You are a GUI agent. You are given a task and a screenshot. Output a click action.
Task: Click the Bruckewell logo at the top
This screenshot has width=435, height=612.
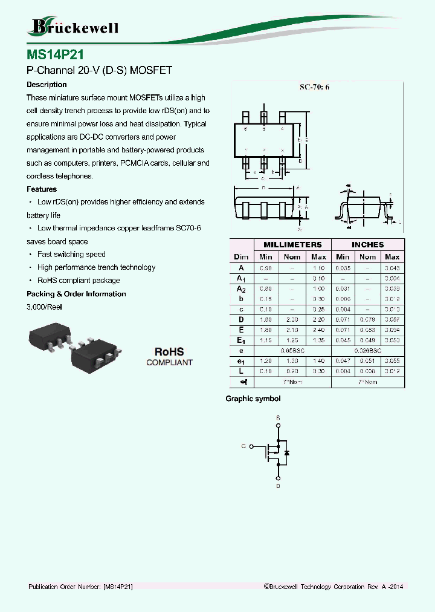73,27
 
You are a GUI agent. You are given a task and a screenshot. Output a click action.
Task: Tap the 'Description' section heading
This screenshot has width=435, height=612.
47,85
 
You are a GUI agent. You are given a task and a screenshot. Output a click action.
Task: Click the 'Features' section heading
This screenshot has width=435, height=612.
42,189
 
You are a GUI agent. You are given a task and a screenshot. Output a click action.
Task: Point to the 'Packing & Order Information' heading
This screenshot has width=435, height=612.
76,294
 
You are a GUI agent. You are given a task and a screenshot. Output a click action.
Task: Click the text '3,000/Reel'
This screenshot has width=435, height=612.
44,307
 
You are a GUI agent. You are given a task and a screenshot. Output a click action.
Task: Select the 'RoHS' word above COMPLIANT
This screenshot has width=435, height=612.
169,351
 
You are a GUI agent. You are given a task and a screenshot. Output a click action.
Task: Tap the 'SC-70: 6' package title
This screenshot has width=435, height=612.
314,87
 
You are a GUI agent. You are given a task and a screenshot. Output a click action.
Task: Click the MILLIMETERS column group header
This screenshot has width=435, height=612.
292,244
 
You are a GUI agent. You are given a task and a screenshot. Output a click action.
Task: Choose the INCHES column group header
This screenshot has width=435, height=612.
367,244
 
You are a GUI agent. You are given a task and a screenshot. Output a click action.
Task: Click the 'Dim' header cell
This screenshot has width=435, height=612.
241,257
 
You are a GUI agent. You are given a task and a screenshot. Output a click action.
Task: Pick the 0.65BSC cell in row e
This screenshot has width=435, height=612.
292,351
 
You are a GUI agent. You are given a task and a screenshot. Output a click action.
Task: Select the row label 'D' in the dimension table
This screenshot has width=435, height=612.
241,319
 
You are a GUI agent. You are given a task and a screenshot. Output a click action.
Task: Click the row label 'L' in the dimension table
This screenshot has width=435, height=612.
241,371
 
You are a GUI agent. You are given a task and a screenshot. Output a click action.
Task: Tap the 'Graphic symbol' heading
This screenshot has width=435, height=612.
253,399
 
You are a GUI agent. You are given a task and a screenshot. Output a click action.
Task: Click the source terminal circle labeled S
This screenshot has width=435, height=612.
278,426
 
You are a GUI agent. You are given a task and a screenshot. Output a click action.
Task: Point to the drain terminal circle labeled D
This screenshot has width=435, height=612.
278,477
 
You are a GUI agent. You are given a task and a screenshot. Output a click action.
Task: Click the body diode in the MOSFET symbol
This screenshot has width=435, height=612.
287,452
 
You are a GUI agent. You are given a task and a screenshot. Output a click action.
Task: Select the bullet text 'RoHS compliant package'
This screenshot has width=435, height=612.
79,281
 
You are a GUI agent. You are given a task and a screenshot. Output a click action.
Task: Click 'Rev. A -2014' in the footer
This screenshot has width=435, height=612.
385,587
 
